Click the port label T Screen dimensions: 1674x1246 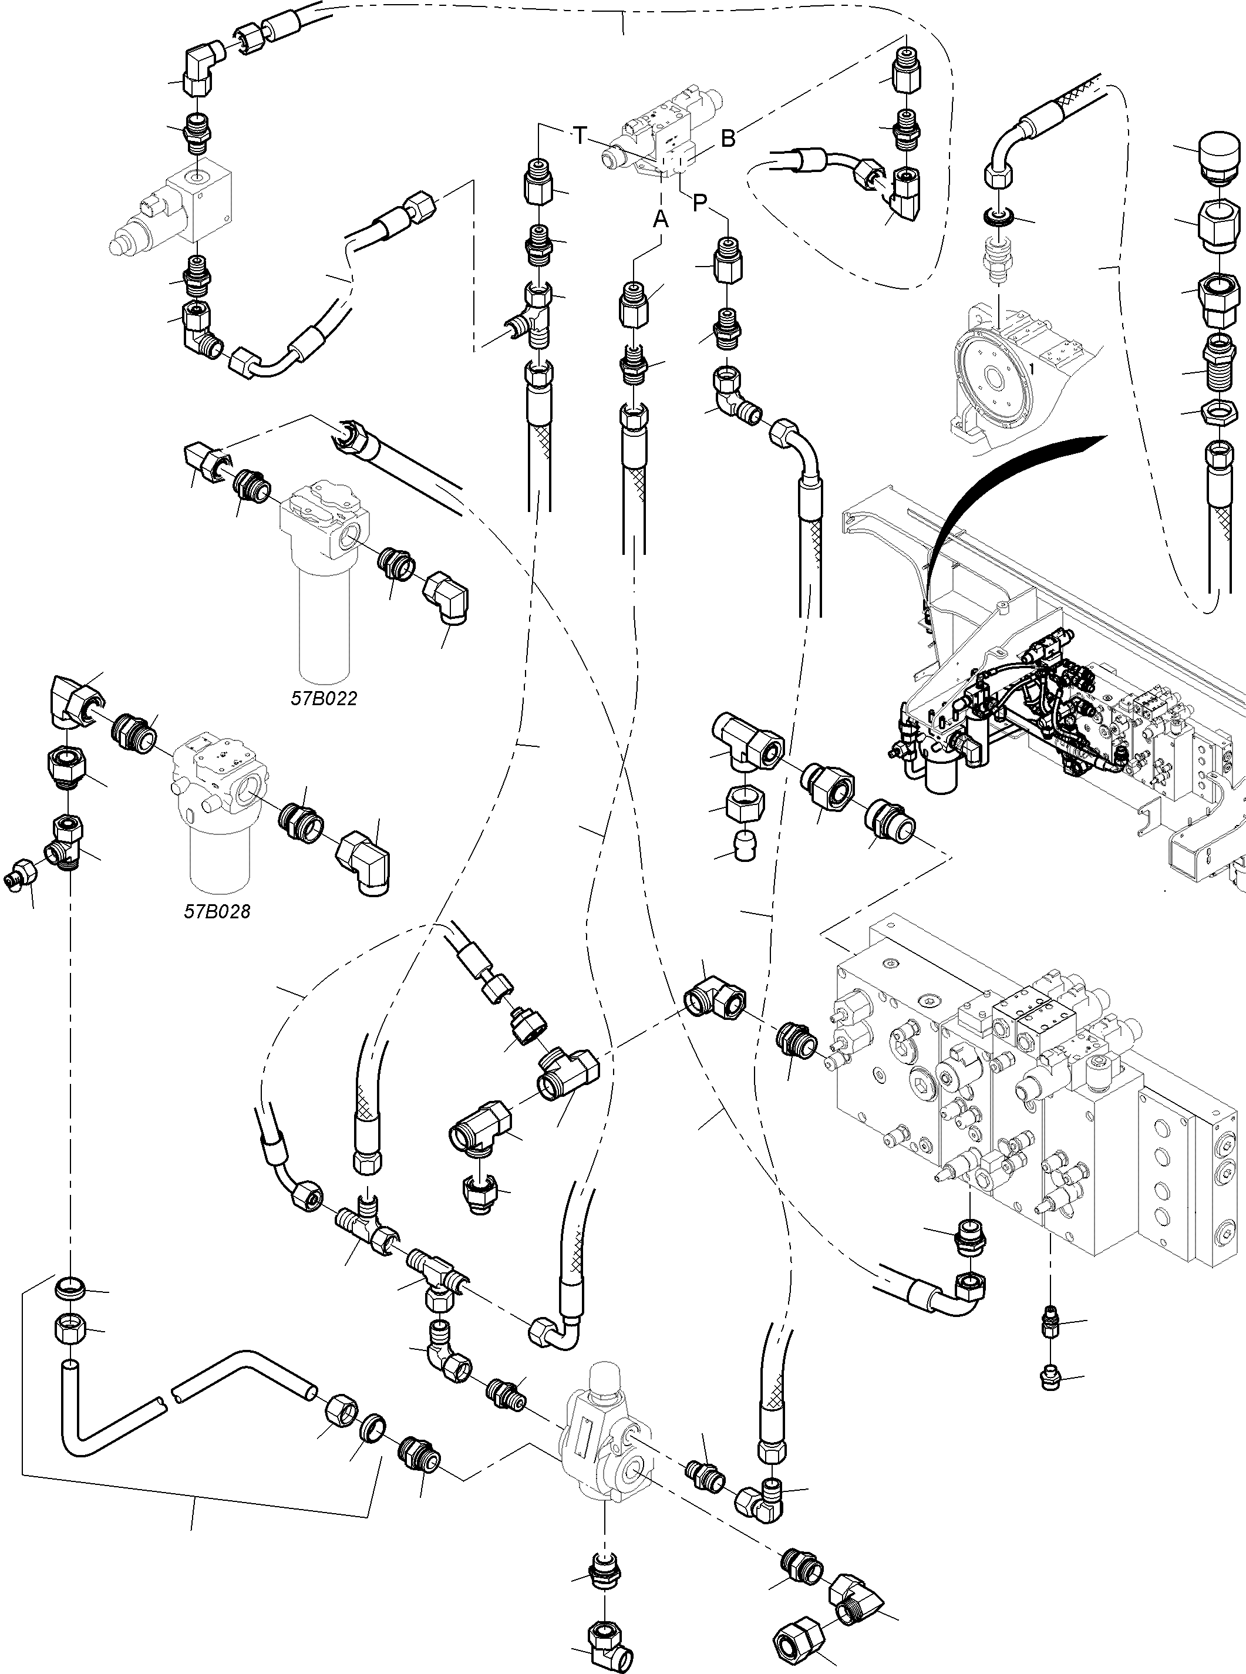579,136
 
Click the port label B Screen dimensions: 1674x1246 728,139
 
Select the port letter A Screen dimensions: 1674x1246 661,220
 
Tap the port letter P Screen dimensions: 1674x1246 700,202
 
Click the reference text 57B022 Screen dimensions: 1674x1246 324,698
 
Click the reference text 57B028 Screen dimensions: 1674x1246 217,912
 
